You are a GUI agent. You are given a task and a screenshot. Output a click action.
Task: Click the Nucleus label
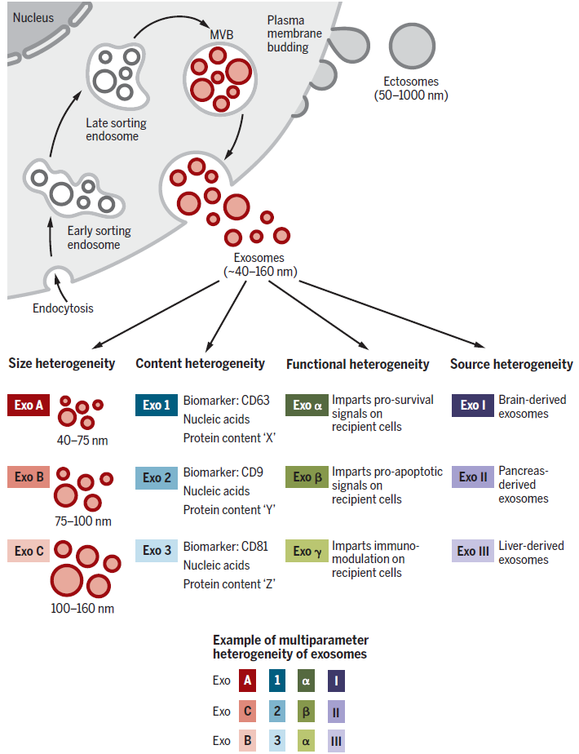(33, 18)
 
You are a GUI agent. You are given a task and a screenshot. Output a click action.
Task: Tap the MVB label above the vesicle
(222, 34)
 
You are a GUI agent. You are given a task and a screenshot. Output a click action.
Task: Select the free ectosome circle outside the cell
(412, 47)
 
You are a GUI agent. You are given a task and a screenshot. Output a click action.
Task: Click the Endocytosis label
(63, 308)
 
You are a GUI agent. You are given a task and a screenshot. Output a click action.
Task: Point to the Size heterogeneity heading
(61, 364)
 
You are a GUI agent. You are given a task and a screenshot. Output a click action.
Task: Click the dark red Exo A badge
(29, 405)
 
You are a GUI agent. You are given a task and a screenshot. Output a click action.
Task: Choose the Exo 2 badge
(157, 478)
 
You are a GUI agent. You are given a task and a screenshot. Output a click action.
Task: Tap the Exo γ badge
(307, 551)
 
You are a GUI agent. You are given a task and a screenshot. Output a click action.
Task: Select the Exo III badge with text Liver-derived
(473, 551)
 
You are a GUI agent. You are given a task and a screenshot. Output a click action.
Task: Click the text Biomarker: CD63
(227, 401)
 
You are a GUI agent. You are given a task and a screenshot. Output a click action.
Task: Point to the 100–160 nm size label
(82, 608)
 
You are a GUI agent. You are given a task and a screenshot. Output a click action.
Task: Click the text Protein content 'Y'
(229, 510)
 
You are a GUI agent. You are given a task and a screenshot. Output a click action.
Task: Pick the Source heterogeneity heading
(511, 365)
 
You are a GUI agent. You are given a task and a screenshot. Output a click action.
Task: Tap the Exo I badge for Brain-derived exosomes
(473, 406)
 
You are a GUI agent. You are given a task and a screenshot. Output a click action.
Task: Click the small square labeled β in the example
(306, 712)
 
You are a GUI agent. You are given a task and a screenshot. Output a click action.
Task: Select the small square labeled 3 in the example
(277, 741)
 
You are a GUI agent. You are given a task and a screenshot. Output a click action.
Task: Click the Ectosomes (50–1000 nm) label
(411, 88)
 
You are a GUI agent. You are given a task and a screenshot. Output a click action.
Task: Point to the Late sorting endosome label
(116, 130)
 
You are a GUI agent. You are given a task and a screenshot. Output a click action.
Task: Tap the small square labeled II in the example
(336, 712)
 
